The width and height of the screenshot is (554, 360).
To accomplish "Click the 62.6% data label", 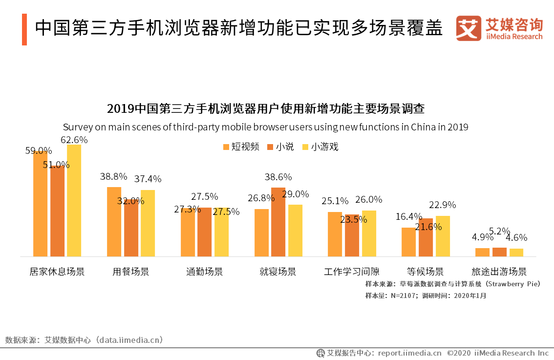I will click(74, 140).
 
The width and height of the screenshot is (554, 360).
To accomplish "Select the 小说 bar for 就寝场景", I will click(278, 222).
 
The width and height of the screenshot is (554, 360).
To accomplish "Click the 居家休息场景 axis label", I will click(57, 272).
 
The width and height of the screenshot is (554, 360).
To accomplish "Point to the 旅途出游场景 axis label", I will click(499, 272).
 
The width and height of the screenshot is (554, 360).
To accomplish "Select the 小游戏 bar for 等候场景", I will click(443, 236).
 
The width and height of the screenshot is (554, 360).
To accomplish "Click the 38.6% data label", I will click(278, 177).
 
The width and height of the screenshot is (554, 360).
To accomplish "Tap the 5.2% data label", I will click(499, 231).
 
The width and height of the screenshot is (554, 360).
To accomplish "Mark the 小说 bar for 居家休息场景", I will click(57, 211).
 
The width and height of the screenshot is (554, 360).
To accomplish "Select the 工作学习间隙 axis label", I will click(352, 272).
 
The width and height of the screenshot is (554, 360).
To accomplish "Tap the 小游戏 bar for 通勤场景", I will click(221, 232).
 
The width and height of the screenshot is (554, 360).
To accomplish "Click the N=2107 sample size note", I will click(426, 295).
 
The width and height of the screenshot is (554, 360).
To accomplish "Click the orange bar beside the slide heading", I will click(24, 29).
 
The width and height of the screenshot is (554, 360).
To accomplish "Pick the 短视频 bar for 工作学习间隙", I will click(335, 234).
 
